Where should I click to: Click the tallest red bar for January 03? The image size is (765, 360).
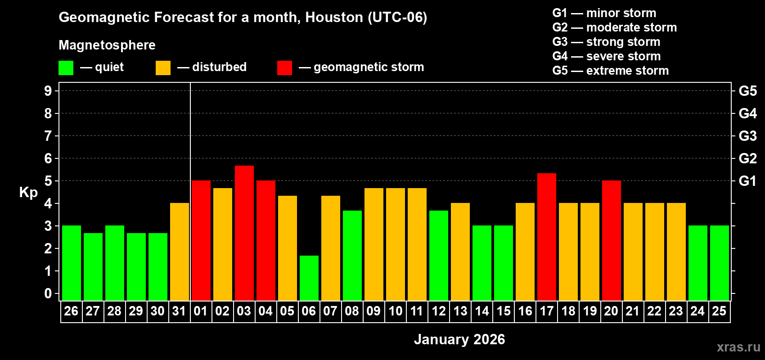coord(244,233)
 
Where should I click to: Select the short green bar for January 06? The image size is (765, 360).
coord(309,278)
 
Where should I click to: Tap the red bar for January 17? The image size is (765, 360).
coord(547,237)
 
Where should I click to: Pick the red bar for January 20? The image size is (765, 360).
coord(612,240)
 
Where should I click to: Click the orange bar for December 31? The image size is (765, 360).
coord(180,252)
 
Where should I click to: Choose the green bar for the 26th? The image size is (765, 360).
coord(72,263)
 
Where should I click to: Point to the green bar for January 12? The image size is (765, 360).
coord(439,256)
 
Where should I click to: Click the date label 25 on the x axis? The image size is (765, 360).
coord(719,311)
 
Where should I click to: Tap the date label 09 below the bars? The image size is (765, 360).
coord(373,311)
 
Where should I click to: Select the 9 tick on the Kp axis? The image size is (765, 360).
coord(48,91)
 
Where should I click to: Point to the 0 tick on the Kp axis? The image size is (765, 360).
coord(48,294)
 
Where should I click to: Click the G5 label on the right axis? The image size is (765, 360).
coord(747,91)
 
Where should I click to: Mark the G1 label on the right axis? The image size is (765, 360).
coord(747,181)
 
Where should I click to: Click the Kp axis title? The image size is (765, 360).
coord(28,192)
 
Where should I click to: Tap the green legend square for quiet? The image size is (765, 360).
coord(66,68)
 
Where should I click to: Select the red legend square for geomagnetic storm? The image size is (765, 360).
coord(284,68)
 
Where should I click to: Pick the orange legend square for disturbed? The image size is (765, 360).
coord(163,68)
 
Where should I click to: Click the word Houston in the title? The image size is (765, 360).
coord(334,17)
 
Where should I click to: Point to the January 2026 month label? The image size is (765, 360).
coord(459,339)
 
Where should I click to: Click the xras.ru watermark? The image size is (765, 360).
coord(738,347)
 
